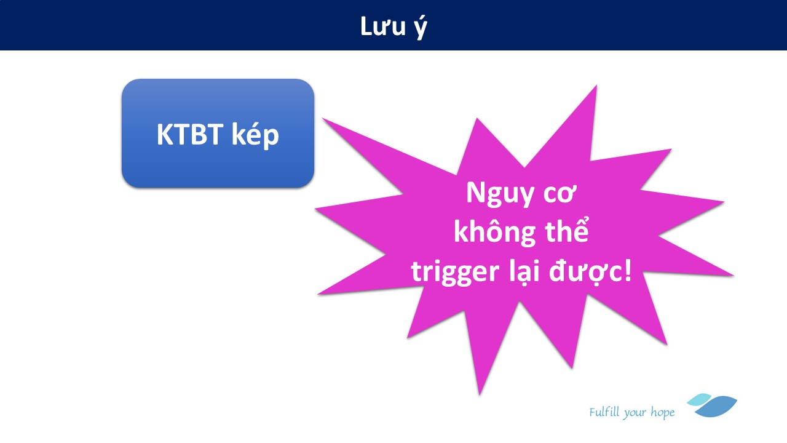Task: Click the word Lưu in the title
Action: coord(383,26)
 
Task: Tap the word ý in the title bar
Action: coord(421,28)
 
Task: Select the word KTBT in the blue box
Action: coord(190,134)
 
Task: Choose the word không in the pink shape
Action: coord(495,232)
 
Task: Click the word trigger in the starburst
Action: coord(455,273)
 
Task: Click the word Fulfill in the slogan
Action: coord(604,412)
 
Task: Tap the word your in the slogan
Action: coord(635,413)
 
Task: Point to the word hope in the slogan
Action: coord(663,413)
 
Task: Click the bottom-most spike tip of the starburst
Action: coord(480,395)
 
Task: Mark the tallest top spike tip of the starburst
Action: coord(596,86)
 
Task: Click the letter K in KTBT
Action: coord(164,134)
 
